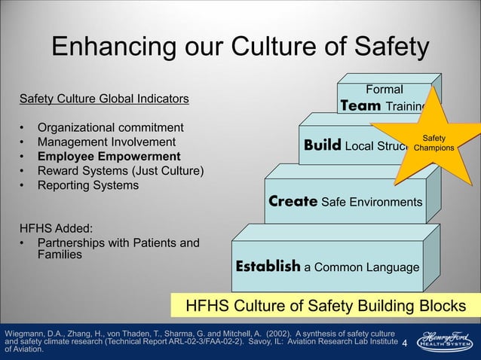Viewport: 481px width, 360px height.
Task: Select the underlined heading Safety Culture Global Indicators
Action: (x=104, y=99)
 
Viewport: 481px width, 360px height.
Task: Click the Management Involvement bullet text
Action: (x=106, y=142)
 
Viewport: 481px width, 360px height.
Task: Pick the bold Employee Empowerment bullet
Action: (x=109, y=157)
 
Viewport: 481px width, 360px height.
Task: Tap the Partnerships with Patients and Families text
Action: (x=118, y=249)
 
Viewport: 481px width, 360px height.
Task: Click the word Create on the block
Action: (x=293, y=202)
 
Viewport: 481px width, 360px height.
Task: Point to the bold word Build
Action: (x=322, y=144)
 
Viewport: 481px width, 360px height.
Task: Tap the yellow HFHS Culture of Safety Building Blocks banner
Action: (x=325, y=307)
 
